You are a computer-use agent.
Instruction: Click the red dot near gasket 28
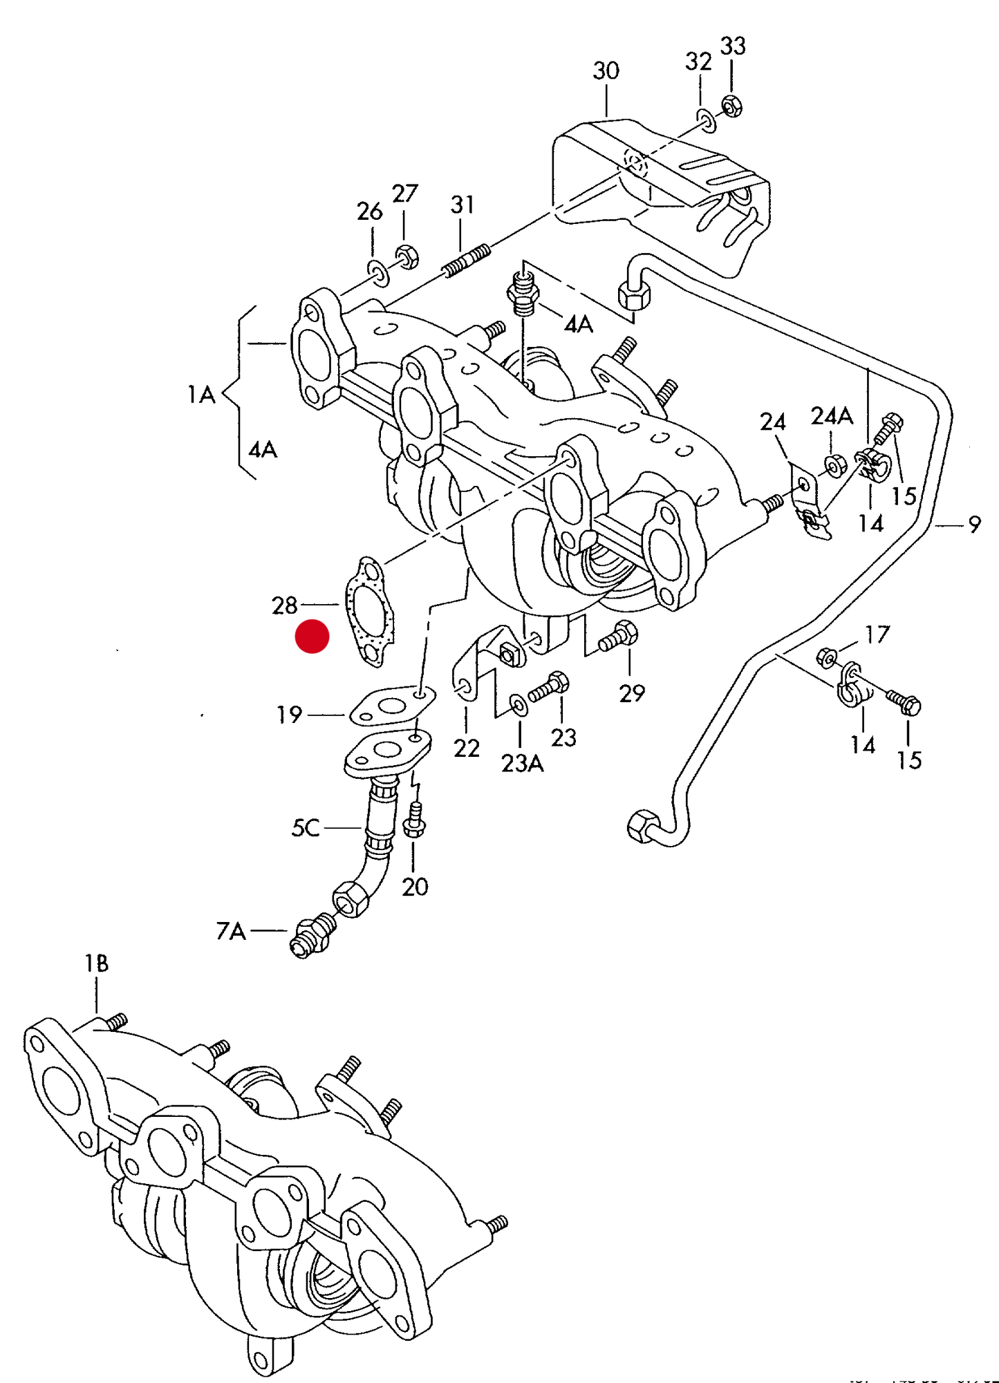coord(312,637)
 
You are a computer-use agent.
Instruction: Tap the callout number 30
coord(606,71)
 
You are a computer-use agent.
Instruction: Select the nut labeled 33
coord(732,106)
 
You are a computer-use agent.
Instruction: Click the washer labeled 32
coord(707,120)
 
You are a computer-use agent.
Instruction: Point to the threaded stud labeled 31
coord(467,260)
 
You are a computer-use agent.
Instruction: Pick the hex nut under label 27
coord(407,256)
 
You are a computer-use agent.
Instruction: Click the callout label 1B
coord(96,963)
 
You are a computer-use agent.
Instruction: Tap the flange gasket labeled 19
coord(391,706)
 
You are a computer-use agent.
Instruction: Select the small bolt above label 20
coord(414,821)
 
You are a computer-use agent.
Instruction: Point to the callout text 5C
coord(306,828)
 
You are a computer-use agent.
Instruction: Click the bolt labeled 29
coord(619,637)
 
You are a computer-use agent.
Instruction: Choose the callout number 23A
coord(522,764)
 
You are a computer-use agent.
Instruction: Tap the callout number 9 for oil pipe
coord(974,525)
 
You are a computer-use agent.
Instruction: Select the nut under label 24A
coord(835,466)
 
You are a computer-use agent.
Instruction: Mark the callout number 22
coord(467,749)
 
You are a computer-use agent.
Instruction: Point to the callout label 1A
coord(201,395)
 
